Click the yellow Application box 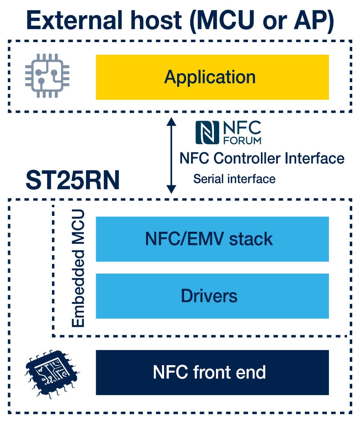(212, 77)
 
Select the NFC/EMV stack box (212, 239)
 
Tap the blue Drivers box (212, 296)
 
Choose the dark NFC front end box (212, 372)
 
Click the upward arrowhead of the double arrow (171, 121)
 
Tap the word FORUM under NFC (243, 140)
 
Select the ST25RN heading (72, 180)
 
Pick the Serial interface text (234, 179)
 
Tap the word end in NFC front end (252, 372)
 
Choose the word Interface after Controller (315, 158)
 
